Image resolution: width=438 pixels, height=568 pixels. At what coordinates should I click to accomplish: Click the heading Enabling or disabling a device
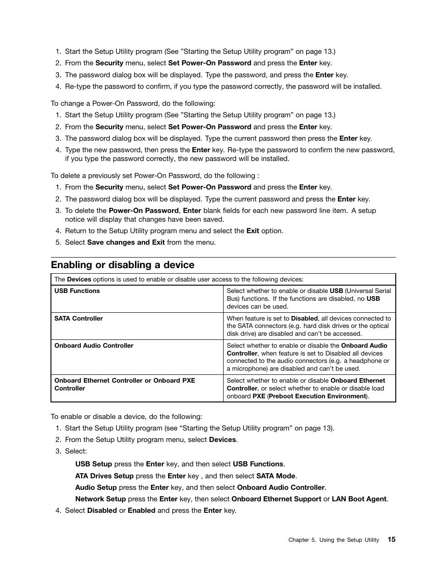(x=123, y=265)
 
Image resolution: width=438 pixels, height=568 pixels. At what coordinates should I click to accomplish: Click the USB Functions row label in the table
(x=77, y=291)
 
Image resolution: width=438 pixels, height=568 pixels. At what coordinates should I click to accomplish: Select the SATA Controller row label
(x=79, y=318)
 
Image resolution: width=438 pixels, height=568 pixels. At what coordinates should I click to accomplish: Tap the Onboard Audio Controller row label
(x=94, y=346)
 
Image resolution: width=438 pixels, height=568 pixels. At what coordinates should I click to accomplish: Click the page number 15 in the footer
(x=391, y=539)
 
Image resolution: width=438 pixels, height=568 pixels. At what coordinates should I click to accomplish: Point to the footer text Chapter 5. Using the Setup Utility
(x=333, y=540)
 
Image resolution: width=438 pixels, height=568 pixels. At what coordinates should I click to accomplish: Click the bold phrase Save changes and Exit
(x=126, y=242)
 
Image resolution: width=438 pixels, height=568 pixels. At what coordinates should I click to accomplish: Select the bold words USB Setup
(x=94, y=465)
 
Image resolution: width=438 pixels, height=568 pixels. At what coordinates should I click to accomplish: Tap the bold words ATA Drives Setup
(x=104, y=476)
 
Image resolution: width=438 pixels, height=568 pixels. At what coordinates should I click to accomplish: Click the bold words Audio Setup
(x=96, y=488)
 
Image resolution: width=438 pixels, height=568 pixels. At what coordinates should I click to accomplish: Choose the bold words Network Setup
(x=101, y=499)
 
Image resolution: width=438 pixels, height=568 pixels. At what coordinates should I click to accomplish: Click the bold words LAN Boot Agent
(x=359, y=499)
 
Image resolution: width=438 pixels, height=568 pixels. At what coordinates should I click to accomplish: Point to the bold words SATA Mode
(x=276, y=476)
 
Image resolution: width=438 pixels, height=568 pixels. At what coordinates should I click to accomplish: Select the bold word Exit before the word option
(x=253, y=231)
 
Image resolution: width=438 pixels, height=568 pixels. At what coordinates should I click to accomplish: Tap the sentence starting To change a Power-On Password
(x=133, y=103)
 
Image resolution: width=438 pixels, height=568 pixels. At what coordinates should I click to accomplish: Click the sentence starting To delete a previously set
(x=155, y=176)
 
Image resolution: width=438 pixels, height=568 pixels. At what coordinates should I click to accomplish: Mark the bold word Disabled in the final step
(x=102, y=511)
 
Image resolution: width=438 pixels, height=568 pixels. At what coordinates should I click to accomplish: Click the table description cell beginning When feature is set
(x=309, y=326)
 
